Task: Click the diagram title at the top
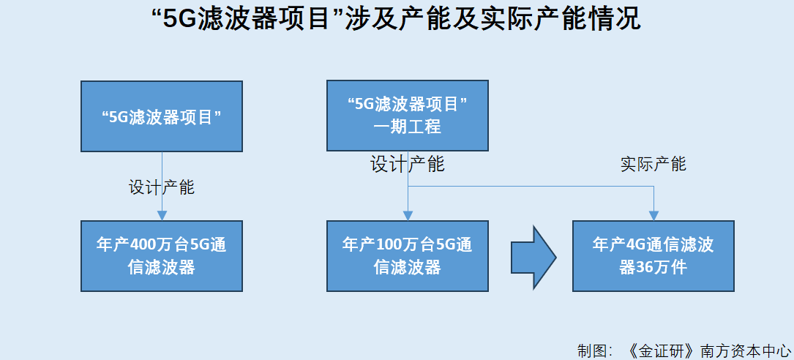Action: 397,20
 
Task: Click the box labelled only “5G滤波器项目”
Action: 162,116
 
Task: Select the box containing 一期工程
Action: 408,116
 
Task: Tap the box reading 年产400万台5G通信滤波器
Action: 162,255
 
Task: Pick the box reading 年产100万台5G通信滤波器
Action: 408,255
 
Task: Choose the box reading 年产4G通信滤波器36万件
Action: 653,255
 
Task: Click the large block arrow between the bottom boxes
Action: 533,258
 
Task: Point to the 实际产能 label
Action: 653,164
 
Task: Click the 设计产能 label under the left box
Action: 162,187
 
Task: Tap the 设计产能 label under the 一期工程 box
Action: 408,164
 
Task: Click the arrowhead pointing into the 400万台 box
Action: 162,215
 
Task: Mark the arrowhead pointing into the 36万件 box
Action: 653,215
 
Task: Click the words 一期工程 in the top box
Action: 408,127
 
